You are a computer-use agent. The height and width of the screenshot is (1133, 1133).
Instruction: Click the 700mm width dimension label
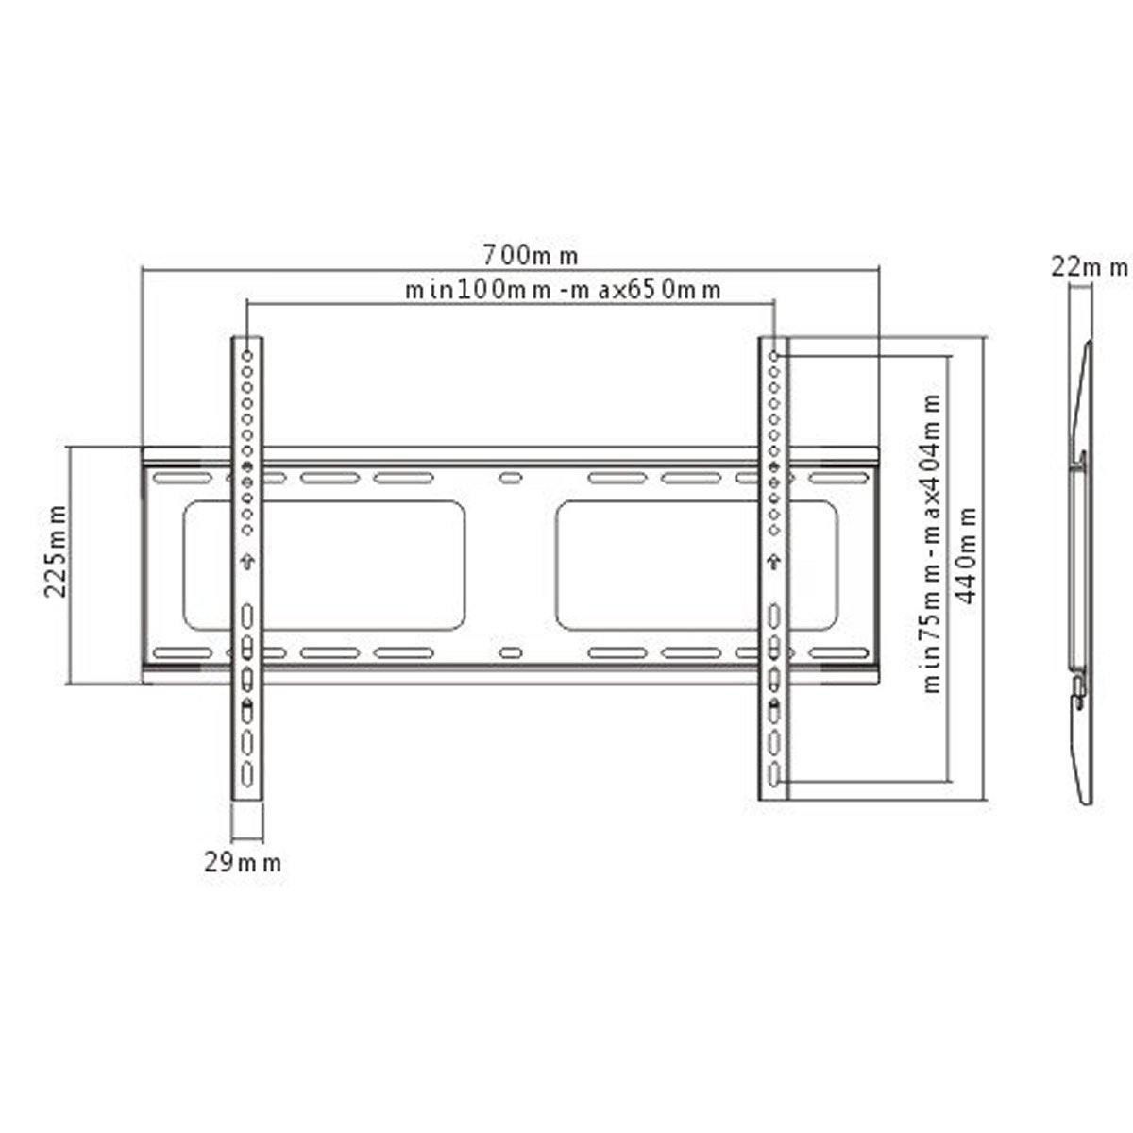tap(530, 255)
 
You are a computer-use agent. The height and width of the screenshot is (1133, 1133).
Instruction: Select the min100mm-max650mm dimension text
tap(564, 290)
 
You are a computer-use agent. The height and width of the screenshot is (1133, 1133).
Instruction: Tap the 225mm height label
tap(57, 566)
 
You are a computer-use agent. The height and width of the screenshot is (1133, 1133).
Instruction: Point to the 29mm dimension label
tap(243, 861)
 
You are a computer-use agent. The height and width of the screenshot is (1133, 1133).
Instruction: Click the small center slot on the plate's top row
tap(510, 479)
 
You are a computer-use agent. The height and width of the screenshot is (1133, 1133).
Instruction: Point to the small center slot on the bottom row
tap(510, 652)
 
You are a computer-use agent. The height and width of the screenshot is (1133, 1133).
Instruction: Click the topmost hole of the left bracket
tap(246, 357)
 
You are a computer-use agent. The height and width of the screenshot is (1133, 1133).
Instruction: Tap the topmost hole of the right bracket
tap(774, 357)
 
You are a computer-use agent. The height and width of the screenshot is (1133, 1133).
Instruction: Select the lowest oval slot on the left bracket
tap(246, 773)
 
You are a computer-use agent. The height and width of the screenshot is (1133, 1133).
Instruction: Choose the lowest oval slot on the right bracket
tap(774, 773)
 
